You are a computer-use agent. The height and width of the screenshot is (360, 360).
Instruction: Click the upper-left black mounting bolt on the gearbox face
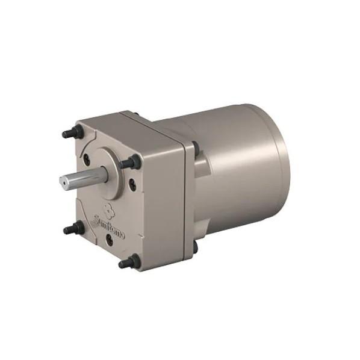click(73, 131)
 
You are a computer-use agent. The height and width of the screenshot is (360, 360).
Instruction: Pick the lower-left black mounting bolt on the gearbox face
click(73, 228)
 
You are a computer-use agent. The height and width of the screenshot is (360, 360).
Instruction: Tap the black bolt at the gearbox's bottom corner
click(129, 261)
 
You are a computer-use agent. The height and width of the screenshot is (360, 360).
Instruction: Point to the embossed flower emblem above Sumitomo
click(107, 208)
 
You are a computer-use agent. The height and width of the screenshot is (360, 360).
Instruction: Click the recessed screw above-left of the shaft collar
click(87, 158)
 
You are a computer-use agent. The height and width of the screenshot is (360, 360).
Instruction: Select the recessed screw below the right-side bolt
click(132, 182)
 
